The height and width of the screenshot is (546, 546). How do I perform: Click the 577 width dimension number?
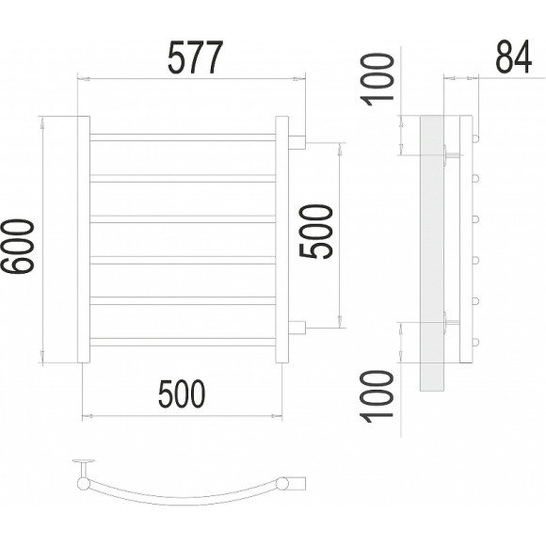[195, 57]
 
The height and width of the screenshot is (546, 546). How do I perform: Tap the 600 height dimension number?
[18, 247]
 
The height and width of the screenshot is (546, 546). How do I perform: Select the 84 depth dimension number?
[514, 56]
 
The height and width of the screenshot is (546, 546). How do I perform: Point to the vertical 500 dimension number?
[315, 232]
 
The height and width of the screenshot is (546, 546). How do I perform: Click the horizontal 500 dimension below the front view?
[182, 393]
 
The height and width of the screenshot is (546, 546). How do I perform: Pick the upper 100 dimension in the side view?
[377, 79]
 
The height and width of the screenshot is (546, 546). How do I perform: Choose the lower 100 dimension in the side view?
[377, 396]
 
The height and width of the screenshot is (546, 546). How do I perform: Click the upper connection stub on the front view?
[297, 142]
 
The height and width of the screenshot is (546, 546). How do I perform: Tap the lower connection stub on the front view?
[297, 328]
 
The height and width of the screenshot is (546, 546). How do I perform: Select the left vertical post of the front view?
[84, 239]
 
